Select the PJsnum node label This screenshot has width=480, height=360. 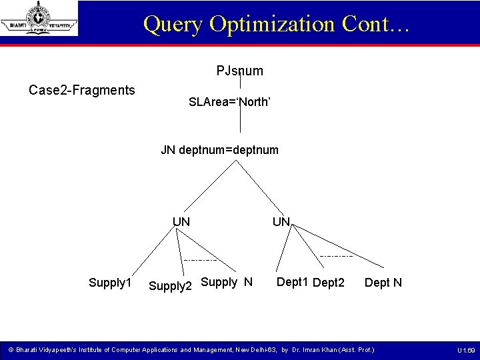pyautogui.click(x=239, y=71)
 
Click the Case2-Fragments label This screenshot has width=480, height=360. pyautogui.click(x=82, y=90)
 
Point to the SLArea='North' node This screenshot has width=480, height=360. pyautogui.click(x=229, y=103)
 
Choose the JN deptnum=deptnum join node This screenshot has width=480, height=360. pyautogui.click(x=220, y=150)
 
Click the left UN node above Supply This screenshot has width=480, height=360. pyautogui.click(x=181, y=221)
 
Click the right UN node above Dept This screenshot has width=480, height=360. pyautogui.click(x=281, y=221)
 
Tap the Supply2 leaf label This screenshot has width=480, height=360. pyautogui.click(x=170, y=286)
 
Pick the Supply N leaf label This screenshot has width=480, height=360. pyautogui.click(x=226, y=282)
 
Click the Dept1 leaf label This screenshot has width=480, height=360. pyautogui.click(x=292, y=282)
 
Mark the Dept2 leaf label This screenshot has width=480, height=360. pyautogui.click(x=329, y=283)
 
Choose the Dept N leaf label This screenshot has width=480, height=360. pyautogui.click(x=383, y=283)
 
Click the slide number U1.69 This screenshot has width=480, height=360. pyautogui.click(x=465, y=350)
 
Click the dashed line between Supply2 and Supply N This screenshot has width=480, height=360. pyautogui.click(x=201, y=259)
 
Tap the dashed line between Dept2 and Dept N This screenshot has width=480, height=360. pyautogui.click(x=337, y=256)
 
